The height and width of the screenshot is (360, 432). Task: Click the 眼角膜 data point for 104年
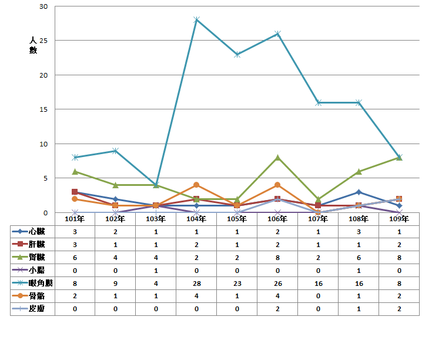(196, 19)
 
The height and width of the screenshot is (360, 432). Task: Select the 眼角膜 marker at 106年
(277, 34)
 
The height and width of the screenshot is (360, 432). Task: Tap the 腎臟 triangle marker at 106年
(277, 158)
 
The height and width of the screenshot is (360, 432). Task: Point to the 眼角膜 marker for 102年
(115, 151)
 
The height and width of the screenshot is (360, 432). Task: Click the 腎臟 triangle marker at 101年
(75, 171)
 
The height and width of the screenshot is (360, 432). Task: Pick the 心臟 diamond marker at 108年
(359, 192)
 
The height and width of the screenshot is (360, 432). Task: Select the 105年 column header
(237, 219)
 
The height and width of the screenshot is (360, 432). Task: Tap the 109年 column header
(399, 219)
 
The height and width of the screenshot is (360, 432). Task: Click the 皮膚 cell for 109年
(399, 309)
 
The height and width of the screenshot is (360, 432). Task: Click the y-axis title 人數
(33, 45)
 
